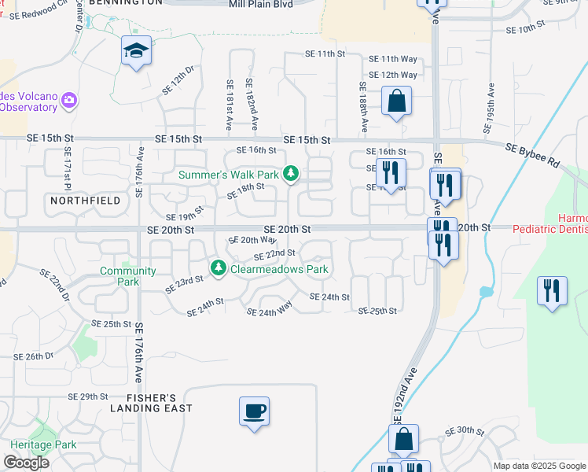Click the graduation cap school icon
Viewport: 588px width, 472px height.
137,52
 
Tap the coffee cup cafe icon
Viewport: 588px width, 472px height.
254,411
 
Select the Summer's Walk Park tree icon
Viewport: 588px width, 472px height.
291,173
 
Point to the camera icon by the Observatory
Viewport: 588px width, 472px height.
69,100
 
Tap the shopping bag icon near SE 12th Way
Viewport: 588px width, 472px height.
396,101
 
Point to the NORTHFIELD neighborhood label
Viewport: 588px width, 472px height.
86,201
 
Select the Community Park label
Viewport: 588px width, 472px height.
118,276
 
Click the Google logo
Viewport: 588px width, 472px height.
26,463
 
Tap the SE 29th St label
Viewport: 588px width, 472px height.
87,396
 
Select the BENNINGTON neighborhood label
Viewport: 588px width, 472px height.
126,3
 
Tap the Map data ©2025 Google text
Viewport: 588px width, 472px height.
538,466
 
